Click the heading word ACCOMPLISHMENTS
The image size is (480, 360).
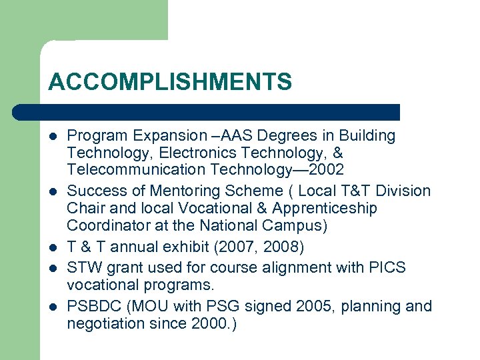click(170, 82)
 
